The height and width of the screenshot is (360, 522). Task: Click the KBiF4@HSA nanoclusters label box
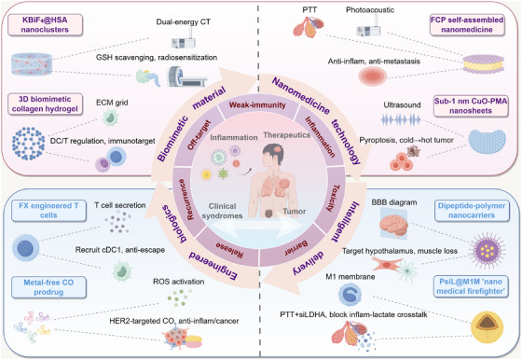pyautogui.click(x=45, y=24)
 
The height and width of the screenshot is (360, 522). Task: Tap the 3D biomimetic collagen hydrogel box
pyautogui.click(x=45, y=104)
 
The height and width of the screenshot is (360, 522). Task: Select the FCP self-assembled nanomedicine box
pyautogui.click(x=467, y=24)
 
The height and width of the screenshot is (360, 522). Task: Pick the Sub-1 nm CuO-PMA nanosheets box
pyautogui.click(x=471, y=105)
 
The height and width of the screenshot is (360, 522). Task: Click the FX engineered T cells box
pyautogui.click(x=48, y=211)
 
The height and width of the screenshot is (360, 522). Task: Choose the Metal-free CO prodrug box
pyautogui.click(x=48, y=287)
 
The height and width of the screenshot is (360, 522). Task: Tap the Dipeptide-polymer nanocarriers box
pyautogui.click(x=472, y=211)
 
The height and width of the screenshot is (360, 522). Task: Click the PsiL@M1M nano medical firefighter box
pyautogui.click(x=471, y=286)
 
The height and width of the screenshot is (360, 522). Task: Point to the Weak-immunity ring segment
pyautogui.click(x=257, y=105)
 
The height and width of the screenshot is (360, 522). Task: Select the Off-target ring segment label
pyautogui.click(x=199, y=134)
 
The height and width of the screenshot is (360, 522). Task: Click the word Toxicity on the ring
pyautogui.click(x=333, y=199)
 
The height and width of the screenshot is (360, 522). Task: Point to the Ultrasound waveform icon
pyautogui.click(x=401, y=120)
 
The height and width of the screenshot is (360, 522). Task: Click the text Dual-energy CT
pyautogui.click(x=183, y=22)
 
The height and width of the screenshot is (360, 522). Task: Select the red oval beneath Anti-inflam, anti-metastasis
pyautogui.click(x=373, y=76)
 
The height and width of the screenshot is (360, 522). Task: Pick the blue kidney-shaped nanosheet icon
pyautogui.click(x=487, y=142)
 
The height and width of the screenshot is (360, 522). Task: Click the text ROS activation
pyautogui.click(x=179, y=282)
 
